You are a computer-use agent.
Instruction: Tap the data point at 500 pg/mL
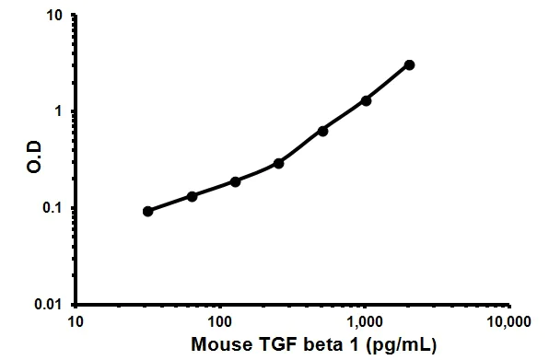click(322, 131)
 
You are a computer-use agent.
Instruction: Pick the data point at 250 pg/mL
click(279, 163)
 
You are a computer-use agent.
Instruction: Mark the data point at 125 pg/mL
click(236, 181)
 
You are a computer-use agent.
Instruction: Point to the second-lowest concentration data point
click(192, 196)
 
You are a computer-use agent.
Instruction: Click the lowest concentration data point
click(148, 211)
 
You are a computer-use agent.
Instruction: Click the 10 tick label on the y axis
click(54, 16)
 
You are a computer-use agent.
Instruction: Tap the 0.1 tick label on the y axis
click(53, 208)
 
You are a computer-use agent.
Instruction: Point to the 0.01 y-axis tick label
click(50, 305)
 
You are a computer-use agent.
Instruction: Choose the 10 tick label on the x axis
click(76, 321)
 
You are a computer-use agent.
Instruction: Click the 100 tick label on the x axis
click(220, 321)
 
